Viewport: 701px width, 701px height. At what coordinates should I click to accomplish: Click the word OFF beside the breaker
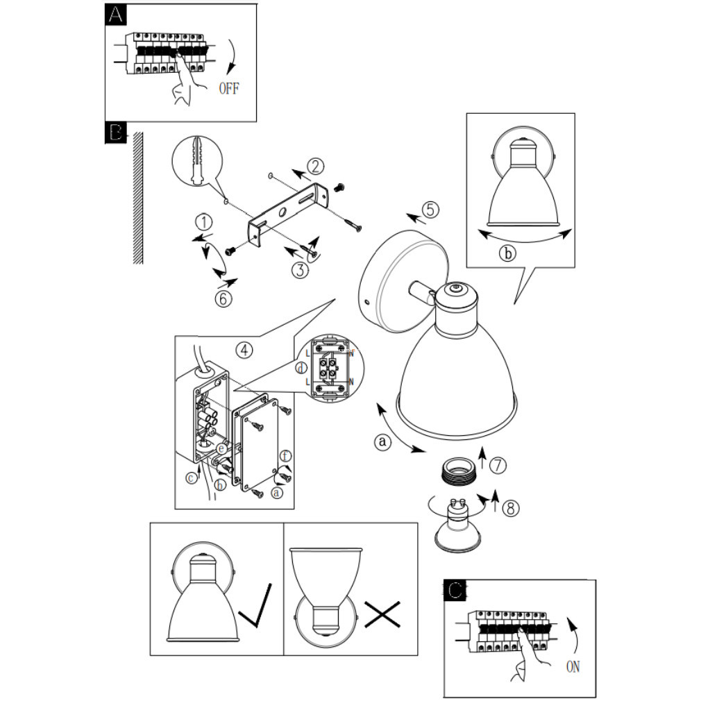point(228,89)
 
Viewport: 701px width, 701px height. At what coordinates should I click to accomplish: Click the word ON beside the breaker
point(573,667)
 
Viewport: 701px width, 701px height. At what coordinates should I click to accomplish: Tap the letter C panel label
point(455,591)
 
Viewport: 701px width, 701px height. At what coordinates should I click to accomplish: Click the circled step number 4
point(243,350)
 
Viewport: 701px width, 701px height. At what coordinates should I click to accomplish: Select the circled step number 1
point(203,222)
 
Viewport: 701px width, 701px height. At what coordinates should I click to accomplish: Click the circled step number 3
point(300,270)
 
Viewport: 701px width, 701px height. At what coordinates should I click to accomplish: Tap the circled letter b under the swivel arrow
point(508,253)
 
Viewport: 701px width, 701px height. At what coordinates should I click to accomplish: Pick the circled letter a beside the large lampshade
point(382,441)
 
